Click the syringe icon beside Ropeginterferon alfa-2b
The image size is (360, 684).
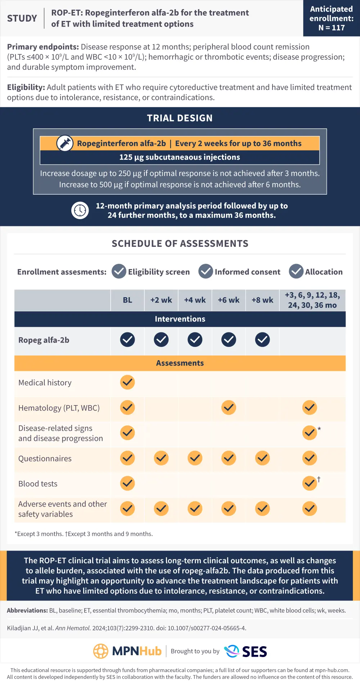click(65, 143)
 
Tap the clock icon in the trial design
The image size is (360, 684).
click(80, 210)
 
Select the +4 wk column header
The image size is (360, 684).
click(195, 300)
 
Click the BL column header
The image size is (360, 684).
click(127, 300)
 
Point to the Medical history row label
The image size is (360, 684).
click(45, 382)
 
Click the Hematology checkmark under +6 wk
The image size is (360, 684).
click(229, 408)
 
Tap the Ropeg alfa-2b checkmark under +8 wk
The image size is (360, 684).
click(262, 340)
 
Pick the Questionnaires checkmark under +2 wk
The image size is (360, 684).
click(161, 458)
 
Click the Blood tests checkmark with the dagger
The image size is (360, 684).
click(310, 483)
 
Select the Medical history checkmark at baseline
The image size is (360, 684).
click(127, 382)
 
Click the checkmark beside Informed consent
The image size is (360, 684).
click(206, 272)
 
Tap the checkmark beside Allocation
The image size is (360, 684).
click(296, 272)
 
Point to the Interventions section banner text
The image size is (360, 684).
click(180, 319)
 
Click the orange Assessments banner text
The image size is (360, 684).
click(180, 363)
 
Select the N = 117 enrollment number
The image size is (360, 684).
click(332, 28)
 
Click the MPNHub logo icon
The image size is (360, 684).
click(101, 651)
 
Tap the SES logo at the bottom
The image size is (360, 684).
click(246, 651)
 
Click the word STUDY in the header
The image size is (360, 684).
click(22, 18)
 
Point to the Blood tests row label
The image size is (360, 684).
click(38, 484)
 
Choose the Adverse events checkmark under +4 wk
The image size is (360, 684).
click(195, 508)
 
